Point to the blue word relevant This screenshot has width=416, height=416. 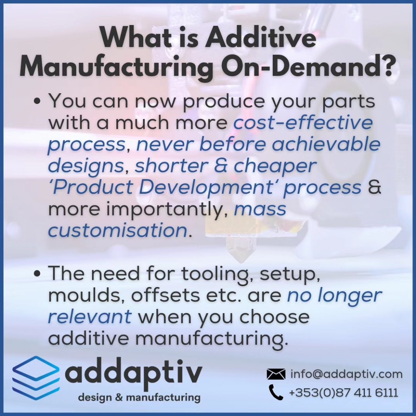[x=90, y=317]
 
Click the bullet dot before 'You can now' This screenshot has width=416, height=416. [x=38, y=102]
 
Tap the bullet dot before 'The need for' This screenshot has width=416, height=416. [x=38, y=274]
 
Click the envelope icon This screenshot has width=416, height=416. [x=276, y=374]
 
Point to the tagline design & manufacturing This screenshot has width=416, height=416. [x=139, y=397]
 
